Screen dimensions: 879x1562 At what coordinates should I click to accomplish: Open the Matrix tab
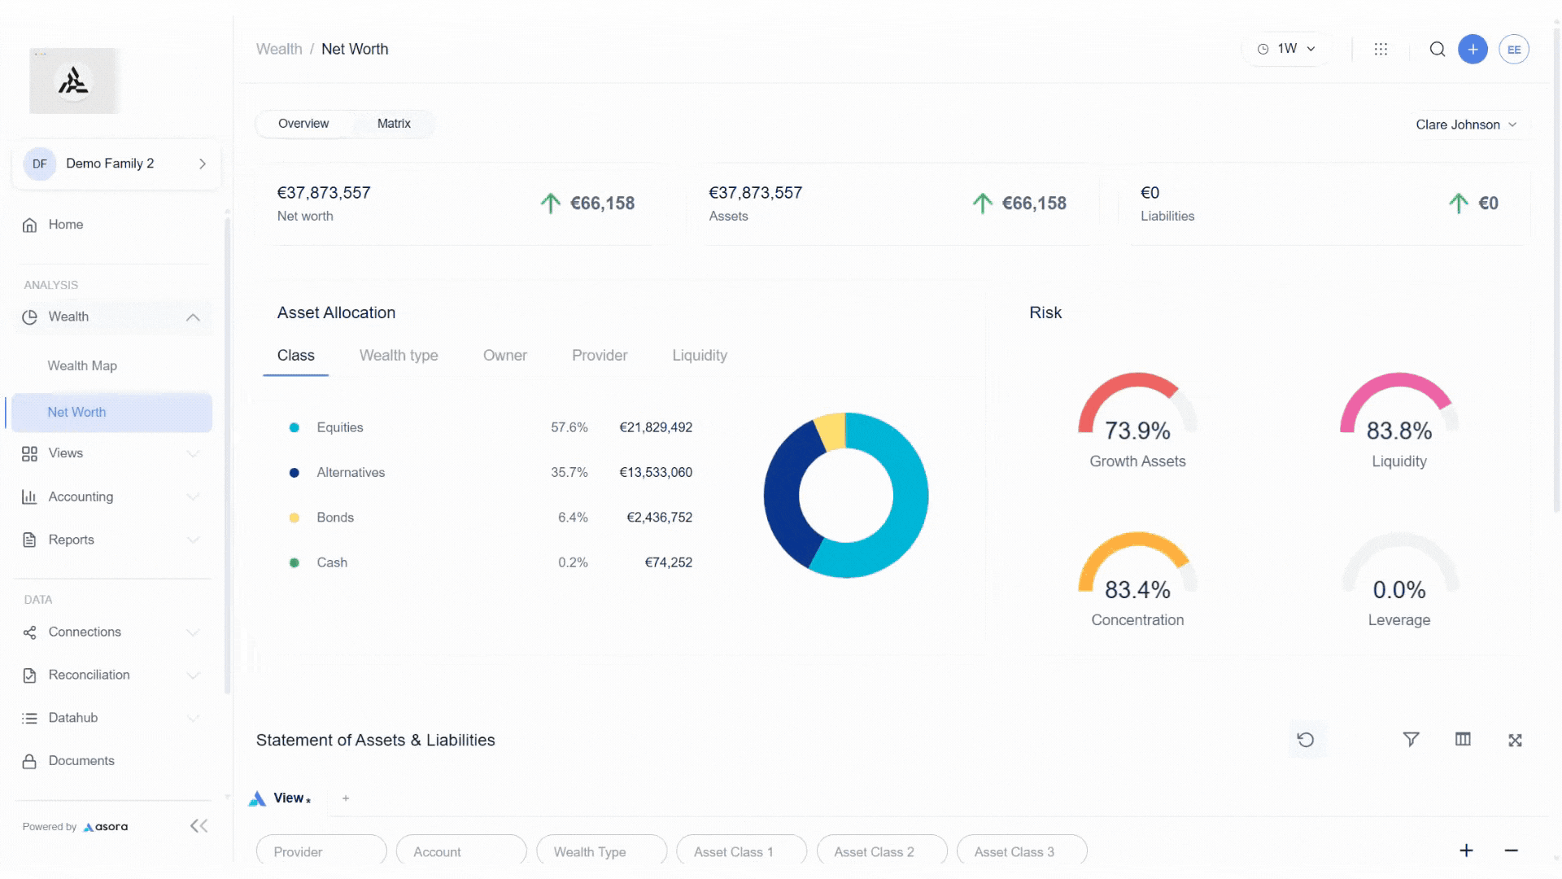coord(394,124)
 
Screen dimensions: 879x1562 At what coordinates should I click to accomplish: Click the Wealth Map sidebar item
coord(82,365)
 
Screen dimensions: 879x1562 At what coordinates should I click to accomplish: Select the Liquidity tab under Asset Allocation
coord(699,356)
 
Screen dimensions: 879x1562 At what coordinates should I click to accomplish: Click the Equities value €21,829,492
coord(656,427)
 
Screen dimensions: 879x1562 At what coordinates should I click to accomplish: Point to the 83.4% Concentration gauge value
coord(1137,589)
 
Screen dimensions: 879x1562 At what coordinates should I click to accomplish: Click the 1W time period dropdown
coord(1287,49)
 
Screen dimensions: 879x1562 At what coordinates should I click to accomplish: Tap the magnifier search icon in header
coord(1438,49)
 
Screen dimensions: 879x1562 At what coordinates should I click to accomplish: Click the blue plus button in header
coord(1473,49)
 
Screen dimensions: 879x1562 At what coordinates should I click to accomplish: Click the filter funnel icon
coord(1411,739)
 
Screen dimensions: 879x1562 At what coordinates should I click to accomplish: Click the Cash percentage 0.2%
coord(573,562)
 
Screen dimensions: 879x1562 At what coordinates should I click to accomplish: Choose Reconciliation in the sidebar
coord(89,675)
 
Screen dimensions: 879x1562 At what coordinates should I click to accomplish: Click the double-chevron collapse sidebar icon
coord(199,826)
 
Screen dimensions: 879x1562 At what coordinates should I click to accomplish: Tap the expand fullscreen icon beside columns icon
coord(1515,740)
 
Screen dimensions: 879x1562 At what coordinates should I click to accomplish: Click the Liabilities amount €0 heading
coord(1150,193)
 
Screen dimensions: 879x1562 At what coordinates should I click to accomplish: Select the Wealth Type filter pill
coord(590,851)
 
